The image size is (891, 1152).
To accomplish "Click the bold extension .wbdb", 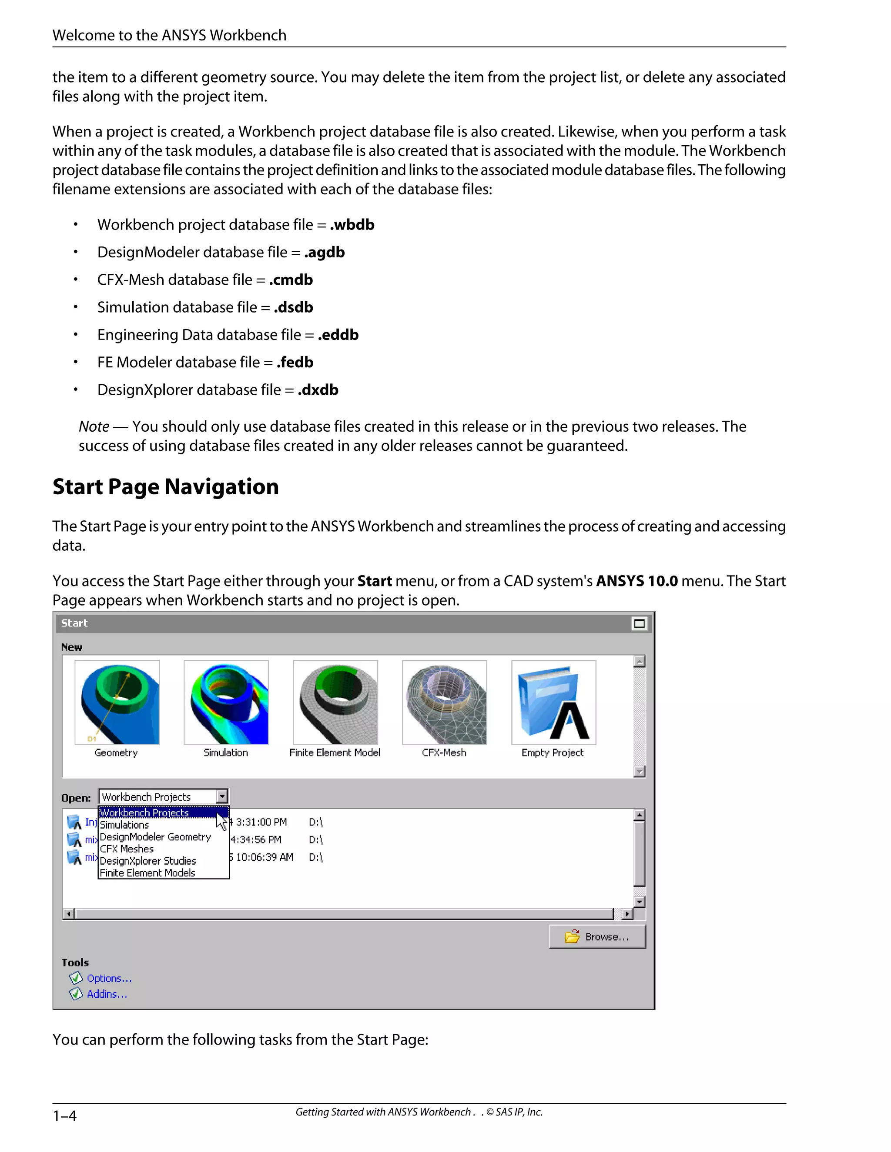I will tap(352, 225).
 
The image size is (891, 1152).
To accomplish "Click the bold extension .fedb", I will tap(295, 363).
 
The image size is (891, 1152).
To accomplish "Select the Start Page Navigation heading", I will tap(166, 486).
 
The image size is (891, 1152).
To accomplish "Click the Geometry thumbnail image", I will tap(117, 702).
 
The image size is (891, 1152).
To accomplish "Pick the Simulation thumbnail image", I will tap(226, 702).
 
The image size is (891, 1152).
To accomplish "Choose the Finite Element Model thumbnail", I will tap(335, 702).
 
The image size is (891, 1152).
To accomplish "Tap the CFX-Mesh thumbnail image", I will tap(445, 702).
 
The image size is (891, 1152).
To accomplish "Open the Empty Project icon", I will tap(554, 702).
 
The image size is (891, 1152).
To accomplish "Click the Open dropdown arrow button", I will tap(222, 796).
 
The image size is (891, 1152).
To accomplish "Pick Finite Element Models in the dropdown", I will tap(147, 873).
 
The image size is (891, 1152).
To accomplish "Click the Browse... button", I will tap(597, 937).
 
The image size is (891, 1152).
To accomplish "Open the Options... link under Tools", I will tap(109, 979).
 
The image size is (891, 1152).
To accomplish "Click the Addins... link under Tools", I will tap(107, 994).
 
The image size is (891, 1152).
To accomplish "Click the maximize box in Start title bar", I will tap(639, 623).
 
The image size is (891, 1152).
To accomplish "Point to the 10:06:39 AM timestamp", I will tap(264, 857).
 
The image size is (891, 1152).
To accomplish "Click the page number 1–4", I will tap(64, 1115).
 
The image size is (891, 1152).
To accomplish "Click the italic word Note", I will tap(94, 426).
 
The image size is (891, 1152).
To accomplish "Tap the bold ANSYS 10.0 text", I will tap(636, 581).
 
